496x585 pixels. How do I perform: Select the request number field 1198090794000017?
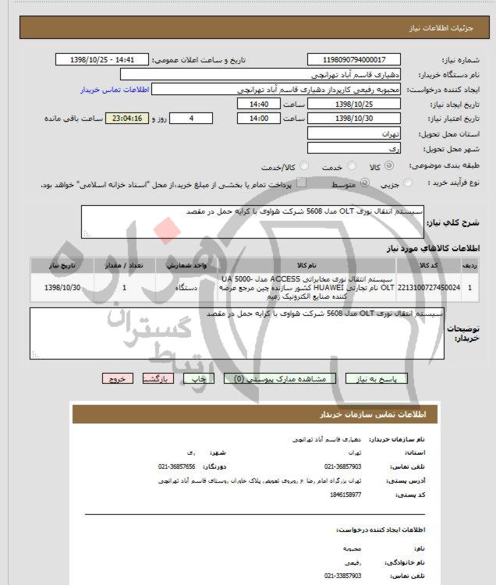(x=354, y=59)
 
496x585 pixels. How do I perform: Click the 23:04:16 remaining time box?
(x=136, y=119)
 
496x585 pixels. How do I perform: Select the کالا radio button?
(x=392, y=165)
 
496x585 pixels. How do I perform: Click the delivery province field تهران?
(x=354, y=133)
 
